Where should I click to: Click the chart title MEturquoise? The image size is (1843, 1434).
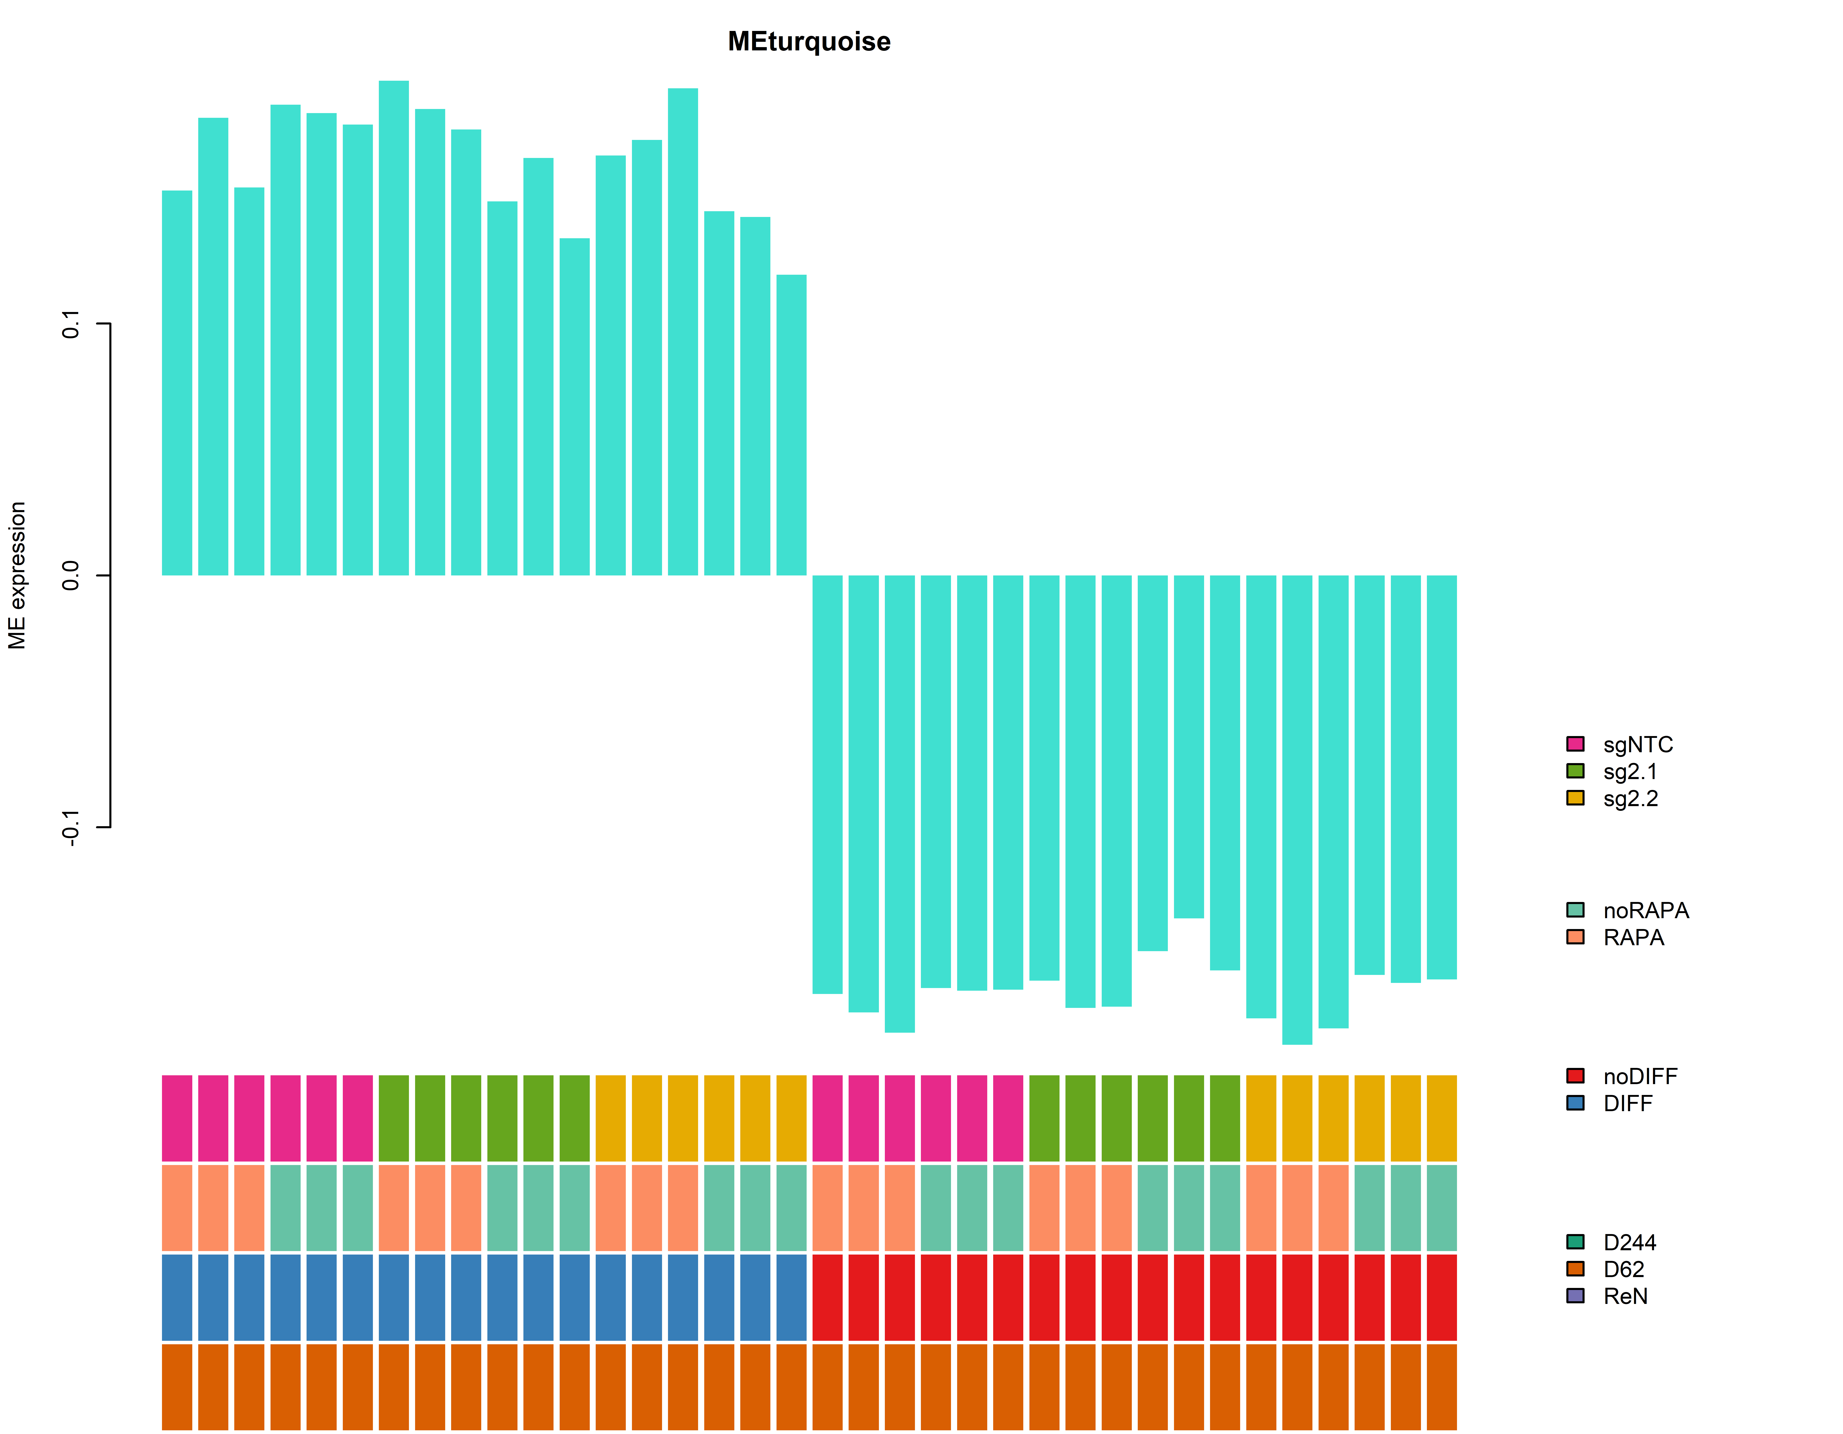tap(808, 41)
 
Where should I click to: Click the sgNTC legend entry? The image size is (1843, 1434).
tap(1637, 744)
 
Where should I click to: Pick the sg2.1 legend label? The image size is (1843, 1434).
tap(1629, 771)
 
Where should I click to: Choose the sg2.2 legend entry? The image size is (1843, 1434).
tap(1629, 799)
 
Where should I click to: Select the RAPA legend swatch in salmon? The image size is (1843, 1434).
tap(1575, 937)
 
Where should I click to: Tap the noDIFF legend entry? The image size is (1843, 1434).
tap(1640, 1076)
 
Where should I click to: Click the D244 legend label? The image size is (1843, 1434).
tap(1629, 1242)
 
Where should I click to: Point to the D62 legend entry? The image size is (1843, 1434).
tap(1623, 1269)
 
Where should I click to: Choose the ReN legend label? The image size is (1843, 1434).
tap(1625, 1296)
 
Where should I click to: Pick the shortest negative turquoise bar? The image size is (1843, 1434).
tap(1189, 747)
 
